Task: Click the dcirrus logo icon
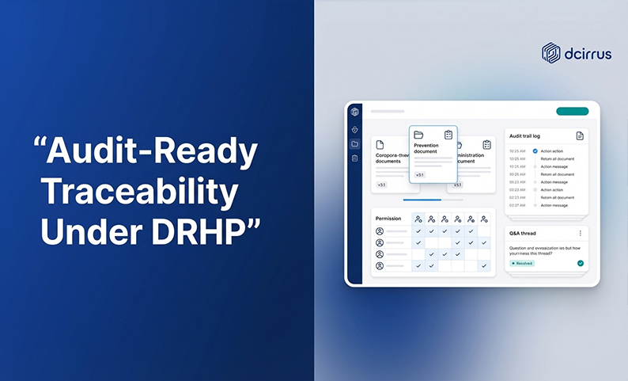point(551,53)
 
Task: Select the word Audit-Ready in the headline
point(150,150)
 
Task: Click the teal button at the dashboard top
point(572,112)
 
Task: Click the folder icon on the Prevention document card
point(418,135)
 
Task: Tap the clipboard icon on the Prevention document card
point(448,135)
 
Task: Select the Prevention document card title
point(431,148)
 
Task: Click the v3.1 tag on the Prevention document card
point(420,175)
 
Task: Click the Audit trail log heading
point(525,136)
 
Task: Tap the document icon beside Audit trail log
point(580,136)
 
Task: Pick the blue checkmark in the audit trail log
point(535,150)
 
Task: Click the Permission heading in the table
point(388,218)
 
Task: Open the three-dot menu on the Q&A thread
point(581,234)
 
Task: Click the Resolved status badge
point(523,263)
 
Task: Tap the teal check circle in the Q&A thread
point(581,263)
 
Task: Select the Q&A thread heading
point(524,234)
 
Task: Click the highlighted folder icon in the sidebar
point(355,143)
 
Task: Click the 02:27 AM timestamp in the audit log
point(517,205)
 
